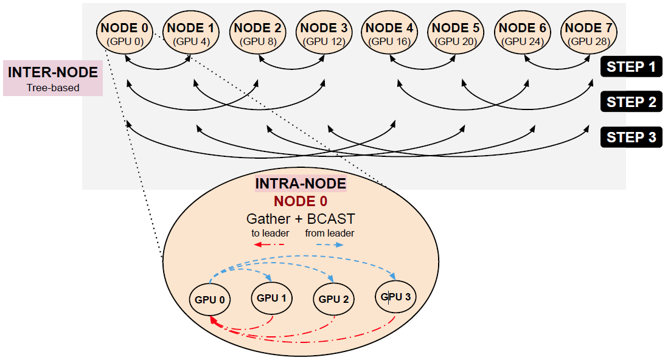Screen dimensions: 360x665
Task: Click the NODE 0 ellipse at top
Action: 124,33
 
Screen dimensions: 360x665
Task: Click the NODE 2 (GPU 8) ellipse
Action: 257,33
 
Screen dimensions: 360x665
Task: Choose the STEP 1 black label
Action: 631,67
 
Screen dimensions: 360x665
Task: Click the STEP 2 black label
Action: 631,102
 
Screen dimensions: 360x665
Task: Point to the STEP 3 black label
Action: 631,137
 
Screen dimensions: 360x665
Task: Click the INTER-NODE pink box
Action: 52,78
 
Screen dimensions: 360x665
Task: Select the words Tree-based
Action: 52,88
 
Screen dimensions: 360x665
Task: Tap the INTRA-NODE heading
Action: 301,184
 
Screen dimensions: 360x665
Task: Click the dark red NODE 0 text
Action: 300,201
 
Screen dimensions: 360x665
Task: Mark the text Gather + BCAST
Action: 300,218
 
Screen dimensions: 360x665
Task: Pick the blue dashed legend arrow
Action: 329,244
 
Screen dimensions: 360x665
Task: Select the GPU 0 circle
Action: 211,299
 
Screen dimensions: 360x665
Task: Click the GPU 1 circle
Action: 271,298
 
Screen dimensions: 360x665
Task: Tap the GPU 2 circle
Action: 333,299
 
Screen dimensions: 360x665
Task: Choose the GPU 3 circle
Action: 395,297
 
